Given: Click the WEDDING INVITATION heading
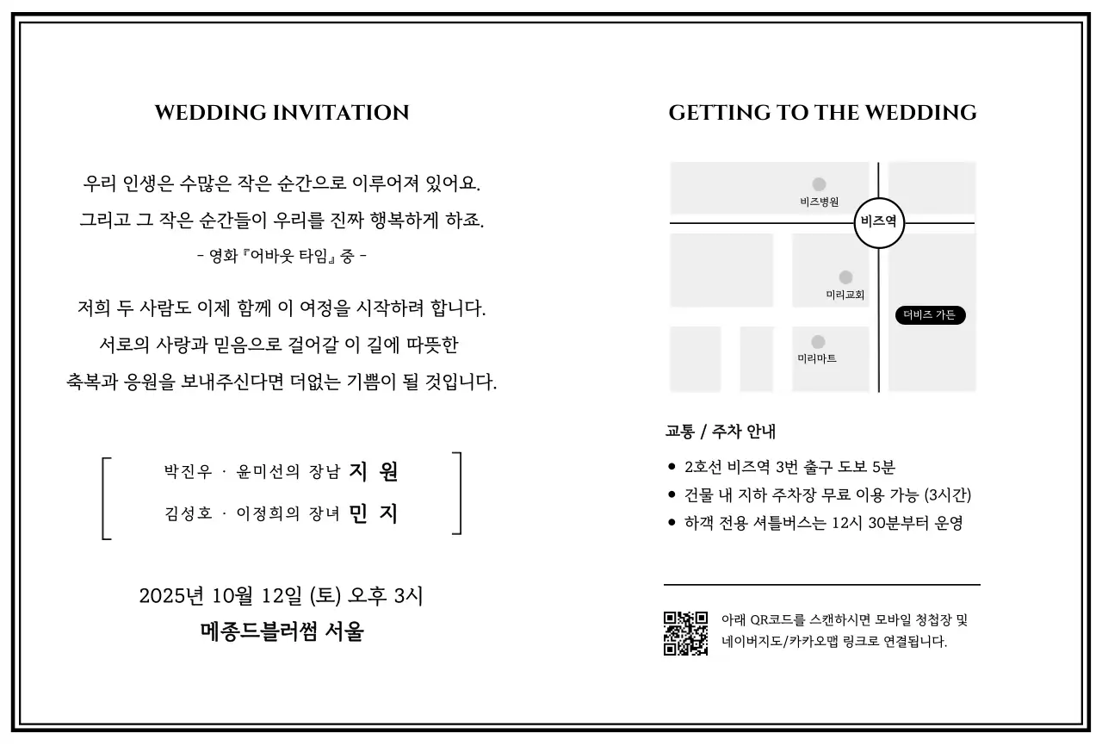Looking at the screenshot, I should (282, 113).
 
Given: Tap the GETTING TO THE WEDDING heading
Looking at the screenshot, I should (822, 113).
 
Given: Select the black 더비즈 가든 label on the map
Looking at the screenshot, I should (930, 315).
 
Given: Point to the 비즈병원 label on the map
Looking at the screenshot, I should (819, 202).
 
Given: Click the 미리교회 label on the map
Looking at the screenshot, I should (845, 295).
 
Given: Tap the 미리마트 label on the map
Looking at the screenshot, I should (816, 358).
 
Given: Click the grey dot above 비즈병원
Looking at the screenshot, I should (819, 184).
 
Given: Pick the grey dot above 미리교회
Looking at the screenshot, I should (845, 277).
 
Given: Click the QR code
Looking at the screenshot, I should (685, 633).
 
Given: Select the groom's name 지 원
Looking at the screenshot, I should (374, 471).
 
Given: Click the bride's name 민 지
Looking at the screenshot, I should (374, 514).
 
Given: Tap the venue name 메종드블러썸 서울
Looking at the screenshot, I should (282, 632).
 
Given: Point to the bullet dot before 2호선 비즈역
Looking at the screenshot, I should (672, 467).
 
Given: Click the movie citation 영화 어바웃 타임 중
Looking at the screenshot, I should (282, 256).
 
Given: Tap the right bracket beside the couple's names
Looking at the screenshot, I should (457, 494).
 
